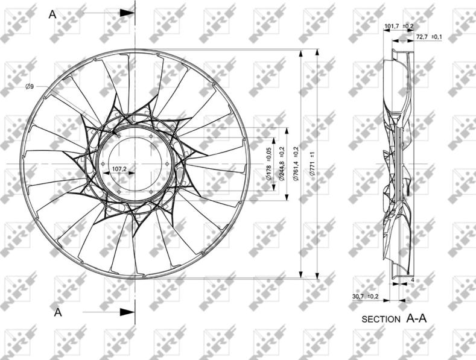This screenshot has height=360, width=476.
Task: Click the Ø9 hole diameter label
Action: (30, 86)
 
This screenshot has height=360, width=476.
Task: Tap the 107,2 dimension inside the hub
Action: (119, 168)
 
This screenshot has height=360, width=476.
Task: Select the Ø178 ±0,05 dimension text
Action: (268, 163)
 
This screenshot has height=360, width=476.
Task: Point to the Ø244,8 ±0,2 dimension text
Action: (282, 163)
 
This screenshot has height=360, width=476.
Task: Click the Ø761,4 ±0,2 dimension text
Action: (296, 164)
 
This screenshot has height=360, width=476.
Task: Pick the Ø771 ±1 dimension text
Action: (313, 164)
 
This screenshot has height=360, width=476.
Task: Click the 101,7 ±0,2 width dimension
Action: (399, 26)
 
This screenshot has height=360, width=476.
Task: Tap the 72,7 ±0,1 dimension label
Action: (429, 37)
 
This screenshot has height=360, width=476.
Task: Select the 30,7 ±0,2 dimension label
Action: (365, 297)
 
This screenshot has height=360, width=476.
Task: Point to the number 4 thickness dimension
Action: (412, 280)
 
